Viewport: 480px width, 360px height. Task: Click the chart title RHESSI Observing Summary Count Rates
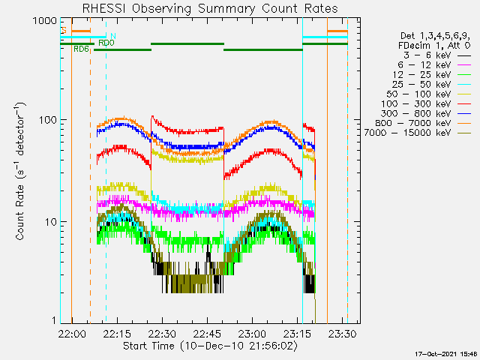pos(209,8)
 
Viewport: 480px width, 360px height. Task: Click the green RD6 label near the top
pos(81,49)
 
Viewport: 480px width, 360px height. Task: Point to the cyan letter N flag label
pos(112,36)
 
